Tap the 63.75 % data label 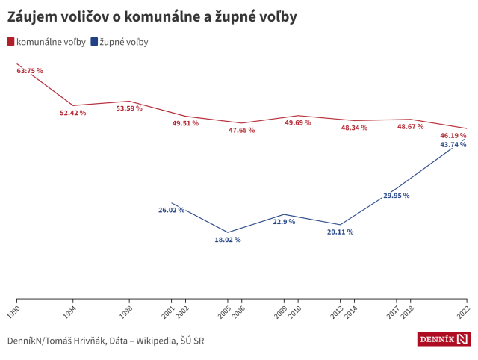30,71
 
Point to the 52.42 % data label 73,113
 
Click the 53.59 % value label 129,108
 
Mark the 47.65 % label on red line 242,130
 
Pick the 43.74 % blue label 453,144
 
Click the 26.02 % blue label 171,210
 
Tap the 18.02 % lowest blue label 228,240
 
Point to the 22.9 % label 284,222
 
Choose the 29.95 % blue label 397,196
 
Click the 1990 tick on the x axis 16,308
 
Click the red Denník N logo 444,340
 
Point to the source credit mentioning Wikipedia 105,341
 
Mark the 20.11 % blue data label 340,232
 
